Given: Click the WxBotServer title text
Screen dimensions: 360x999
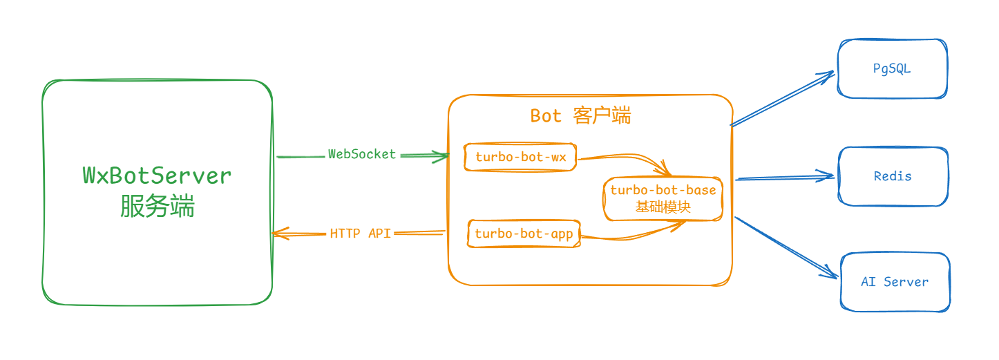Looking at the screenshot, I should pos(157,176).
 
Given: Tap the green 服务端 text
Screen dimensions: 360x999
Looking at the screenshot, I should pos(157,206).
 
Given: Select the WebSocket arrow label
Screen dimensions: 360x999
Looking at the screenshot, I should pos(362,154).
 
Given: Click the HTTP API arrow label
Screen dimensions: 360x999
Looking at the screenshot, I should pos(360,234).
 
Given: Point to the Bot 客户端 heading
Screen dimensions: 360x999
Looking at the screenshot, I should pos(580,115).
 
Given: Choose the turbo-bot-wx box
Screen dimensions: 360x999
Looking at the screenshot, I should pos(520,158).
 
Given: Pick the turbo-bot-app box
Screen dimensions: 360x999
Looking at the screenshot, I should pos(524,234).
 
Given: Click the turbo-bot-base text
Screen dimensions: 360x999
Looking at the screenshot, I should pos(663,190).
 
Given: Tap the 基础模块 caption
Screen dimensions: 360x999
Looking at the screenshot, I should pos(663,207).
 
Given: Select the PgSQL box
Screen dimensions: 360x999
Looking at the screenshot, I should pos(891,68).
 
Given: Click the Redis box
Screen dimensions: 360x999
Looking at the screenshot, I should pos(892,176).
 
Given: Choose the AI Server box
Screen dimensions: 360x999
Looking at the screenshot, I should pos(894,282).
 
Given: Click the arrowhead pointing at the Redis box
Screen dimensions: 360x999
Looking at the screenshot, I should pos(827,176).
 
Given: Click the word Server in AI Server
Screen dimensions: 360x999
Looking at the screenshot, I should pos(906,282).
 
